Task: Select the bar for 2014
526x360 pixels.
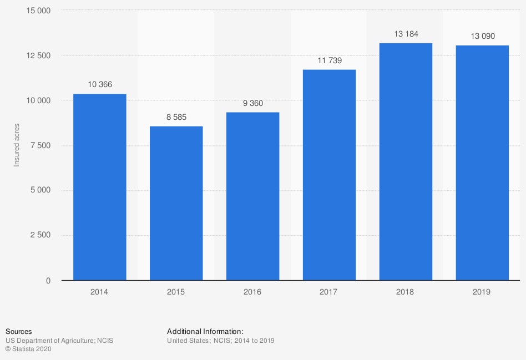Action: pos(100,187)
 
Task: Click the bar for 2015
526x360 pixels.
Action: pos(176,203)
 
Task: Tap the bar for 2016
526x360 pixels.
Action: pos(253,196)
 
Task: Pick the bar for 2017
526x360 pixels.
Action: pos(329,175)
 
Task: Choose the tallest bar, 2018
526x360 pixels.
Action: pos(406,161)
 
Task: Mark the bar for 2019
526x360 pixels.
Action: pos(482,163)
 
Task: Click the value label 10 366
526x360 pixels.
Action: pos(100,84)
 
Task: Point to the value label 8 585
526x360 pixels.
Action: pos(176,116)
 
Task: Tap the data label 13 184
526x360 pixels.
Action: pos(406,34)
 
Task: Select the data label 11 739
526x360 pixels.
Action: pos(329,60)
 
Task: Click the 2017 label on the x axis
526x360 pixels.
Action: pos(329,292)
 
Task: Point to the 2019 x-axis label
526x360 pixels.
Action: pos(482,292)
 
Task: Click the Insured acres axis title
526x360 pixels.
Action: pos(17,145)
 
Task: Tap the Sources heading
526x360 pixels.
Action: pos(18,332)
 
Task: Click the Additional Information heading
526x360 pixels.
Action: pos(205,332)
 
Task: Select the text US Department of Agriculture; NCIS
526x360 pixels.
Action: pos(59,341)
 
